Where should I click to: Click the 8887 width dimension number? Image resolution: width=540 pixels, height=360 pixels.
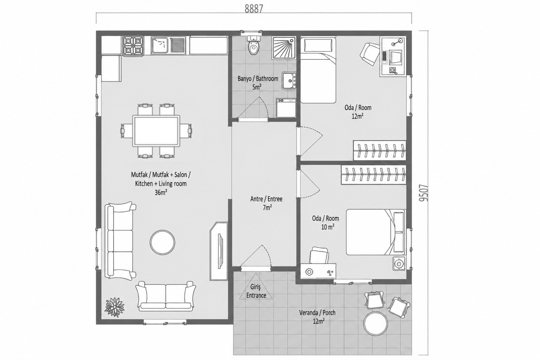click(x=253, y=9)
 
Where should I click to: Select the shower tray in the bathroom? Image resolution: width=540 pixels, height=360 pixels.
click(x=284, y=48)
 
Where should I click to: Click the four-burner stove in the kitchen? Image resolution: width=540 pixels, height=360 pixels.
click(x=133, y=46)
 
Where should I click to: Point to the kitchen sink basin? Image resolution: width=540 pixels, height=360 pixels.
click(x=160, y=45)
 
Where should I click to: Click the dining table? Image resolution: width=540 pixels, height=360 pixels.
click(x=156, y=131)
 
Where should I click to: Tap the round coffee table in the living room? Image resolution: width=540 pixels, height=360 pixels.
click(x=162, y=242)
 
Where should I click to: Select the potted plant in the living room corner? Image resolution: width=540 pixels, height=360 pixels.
click(x=115, y=307)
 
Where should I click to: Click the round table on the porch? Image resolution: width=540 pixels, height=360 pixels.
click(x=375, y=323)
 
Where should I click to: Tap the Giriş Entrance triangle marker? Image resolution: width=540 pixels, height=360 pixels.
click(x=256, y=287)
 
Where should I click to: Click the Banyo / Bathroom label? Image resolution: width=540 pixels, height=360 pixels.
click(x=258, y=79)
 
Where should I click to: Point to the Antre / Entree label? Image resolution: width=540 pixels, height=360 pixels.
click(x=266, y=199)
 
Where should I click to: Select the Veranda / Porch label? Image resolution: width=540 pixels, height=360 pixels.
click(x=317, y=313)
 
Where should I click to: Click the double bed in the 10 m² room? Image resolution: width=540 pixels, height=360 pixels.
click(x=376, y=232)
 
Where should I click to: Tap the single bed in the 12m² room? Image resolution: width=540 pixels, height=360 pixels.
click(x=318, y=70)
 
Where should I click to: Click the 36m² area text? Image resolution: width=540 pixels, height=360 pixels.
click(x=161, y=192)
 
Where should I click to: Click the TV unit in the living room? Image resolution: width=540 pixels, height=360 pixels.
click(x=219, y=251)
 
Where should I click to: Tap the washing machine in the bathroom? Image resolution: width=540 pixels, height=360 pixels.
click(x=286, y=108)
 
